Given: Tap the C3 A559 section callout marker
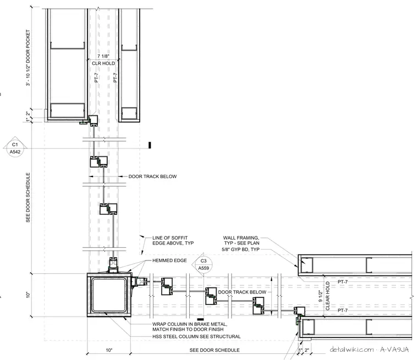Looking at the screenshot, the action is [x=204, y=264].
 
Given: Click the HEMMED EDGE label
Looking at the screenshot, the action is [x=169, y=261].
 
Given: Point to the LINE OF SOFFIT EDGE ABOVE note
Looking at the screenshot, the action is [x=173, y=240].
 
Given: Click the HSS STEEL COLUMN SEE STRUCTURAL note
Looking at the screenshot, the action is [x=196, y=336].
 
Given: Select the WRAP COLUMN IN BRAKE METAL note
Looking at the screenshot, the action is [x=190, y=326].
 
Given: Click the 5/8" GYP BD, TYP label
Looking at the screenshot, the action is [x=240, y=250].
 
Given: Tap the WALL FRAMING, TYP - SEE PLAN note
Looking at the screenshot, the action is [x=241, y=240].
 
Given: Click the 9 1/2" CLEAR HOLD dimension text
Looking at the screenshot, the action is [x=324, y=296].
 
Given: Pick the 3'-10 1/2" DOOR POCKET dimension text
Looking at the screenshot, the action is [x=28, y=58].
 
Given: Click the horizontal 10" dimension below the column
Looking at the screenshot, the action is [x=109, y=350].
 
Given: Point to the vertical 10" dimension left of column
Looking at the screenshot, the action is [x=28, y=295].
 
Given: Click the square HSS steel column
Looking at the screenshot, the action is [x=109, y=295].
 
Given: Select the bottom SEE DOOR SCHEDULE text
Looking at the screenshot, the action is [x=215, y=350].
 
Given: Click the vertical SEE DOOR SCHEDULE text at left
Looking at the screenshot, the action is [x=28, y=197].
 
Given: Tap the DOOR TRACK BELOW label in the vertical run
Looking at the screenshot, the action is [x=152, y=176].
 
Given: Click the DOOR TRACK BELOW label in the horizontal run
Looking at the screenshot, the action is [x=242, y=292].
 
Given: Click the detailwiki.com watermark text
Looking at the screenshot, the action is [x=351, y=350].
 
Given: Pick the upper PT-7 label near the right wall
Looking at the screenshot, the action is [x=343, y=281].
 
